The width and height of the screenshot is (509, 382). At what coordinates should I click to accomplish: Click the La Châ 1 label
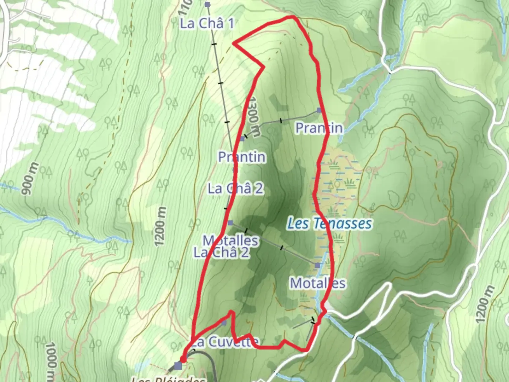[x=207, y=24]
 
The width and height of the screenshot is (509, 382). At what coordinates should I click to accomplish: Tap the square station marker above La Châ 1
[x=207, y=5]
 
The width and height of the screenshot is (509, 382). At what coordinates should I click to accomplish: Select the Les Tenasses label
[x=329, y=224]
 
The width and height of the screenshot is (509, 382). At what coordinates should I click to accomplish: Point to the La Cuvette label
[x=225, y=342]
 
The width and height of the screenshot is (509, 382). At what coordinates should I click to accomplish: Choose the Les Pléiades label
[x=168, y=379]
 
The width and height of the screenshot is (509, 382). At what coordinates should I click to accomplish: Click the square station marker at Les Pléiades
[x=179, y=366]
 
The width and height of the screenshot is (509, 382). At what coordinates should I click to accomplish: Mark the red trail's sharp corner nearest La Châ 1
[x=233, y=44]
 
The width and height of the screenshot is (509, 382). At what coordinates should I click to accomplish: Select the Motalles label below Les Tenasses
[x=317, y=283]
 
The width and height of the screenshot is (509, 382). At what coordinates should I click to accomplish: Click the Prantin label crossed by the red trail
[x=319, y=128]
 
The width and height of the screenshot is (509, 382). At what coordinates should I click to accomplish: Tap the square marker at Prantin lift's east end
[x=319, y=110]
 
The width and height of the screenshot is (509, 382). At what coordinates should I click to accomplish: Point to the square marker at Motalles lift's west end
[x=230, y=223]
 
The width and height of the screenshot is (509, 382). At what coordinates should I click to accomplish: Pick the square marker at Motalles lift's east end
[x=317, y=265]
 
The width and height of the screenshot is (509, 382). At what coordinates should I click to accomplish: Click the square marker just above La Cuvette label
[x=224, y=323]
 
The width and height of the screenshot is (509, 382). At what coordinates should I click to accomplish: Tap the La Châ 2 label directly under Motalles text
[x=221, y=252]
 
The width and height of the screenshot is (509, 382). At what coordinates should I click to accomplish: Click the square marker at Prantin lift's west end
[x=242, y=139]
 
